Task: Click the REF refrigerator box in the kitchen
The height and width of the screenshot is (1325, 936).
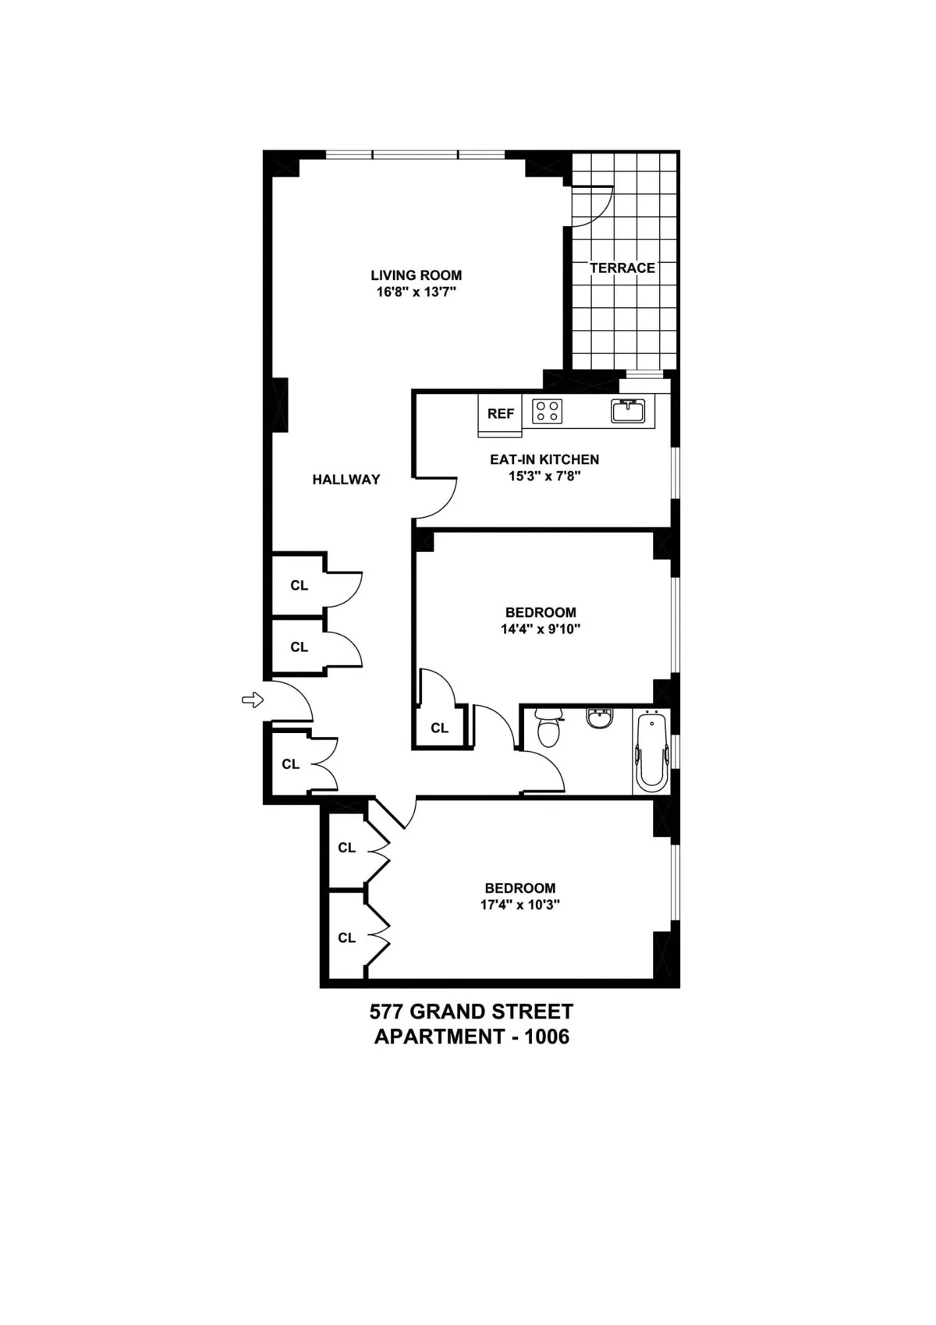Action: pos(500,414)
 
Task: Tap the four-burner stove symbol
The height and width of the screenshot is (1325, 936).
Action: pos(548,411)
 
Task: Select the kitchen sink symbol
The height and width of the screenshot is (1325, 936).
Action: pos(627,410)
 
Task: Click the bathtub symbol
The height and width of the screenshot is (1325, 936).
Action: pos(652,751)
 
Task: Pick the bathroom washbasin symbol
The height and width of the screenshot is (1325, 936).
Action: pos(600,717)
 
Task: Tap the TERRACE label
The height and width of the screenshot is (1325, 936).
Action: pos(622,268)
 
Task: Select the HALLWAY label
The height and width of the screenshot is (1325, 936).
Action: pos(346,480)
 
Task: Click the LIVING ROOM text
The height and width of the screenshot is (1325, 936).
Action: pos(416,275)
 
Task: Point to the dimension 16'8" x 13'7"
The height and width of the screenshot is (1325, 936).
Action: pos(416,292)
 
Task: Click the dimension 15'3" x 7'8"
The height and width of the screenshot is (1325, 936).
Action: pos(544,476)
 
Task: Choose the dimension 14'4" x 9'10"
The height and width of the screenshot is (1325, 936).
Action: pos(541,629)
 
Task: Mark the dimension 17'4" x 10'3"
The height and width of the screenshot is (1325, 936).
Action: pos(520,905)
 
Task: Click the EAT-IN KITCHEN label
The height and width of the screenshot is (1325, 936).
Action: pos(544,459)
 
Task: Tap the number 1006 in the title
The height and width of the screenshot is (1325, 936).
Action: pos(547,1037)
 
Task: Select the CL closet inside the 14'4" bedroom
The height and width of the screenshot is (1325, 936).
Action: pos(439,728)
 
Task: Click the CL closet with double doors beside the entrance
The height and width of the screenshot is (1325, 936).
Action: pos(291,764)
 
